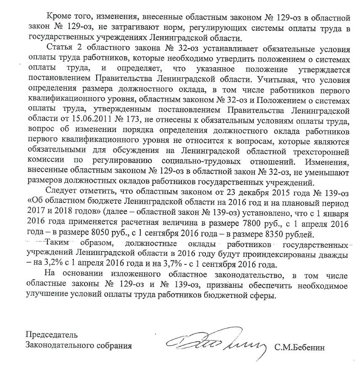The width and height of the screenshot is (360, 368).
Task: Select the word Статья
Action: click(x=61, y=46)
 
